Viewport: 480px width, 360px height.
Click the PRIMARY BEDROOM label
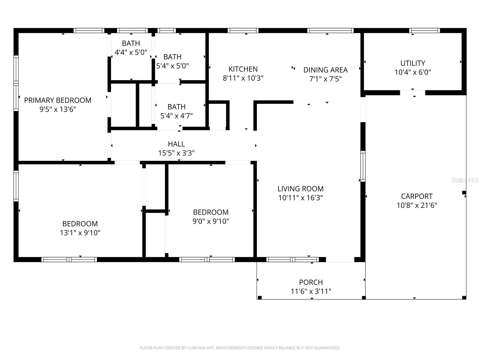click(58, 100)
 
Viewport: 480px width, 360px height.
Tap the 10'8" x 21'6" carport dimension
click(417, 205)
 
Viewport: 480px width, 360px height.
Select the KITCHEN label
click(243, 69)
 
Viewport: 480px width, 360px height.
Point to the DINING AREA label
click(325, 70)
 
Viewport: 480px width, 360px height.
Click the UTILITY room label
click(412, 63)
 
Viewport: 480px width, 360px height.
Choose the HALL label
click(176, 144)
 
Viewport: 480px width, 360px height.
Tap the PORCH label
click(311, 282)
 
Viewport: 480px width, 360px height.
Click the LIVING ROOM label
click(300, 189)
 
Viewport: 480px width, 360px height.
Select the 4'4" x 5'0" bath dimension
click(131, 52)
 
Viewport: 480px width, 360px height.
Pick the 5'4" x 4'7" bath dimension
click(176, 116)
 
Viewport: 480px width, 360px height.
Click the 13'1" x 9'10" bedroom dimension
click(80, 233)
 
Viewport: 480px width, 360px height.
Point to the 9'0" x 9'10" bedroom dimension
click(211, 221)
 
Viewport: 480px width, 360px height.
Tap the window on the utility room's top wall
click(424, 30)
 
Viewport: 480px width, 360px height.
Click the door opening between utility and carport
click(412, 93)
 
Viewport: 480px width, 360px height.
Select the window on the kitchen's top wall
click(243, 30)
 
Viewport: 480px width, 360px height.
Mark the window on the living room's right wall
click(363, 166)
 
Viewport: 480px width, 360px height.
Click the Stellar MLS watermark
click(465, 180)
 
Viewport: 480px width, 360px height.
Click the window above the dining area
click(330, 30)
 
